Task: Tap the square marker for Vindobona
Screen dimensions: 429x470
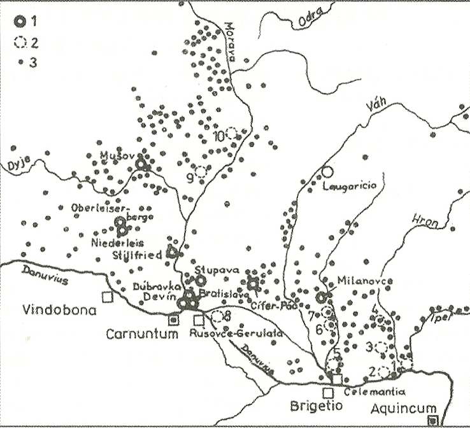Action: (108, 296)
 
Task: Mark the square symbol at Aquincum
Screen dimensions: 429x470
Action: (433, 420)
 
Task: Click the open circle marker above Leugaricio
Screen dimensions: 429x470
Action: (327, 171)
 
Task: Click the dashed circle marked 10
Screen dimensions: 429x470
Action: (232, 133)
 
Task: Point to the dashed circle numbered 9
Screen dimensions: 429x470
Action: (201, 171)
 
